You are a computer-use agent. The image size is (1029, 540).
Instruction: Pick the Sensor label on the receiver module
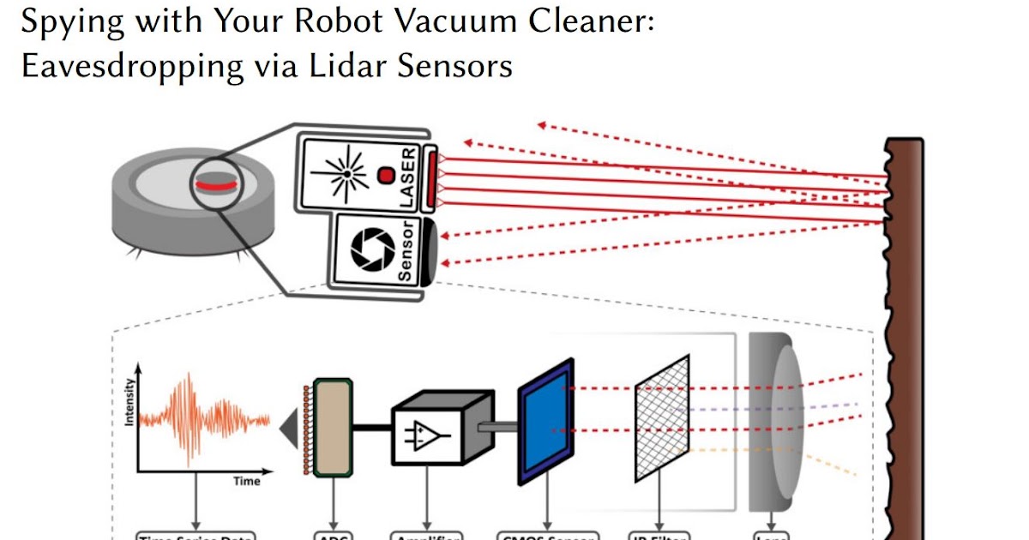click(x=407, y=250)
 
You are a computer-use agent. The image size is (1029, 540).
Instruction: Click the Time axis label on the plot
click(x=247, y=481)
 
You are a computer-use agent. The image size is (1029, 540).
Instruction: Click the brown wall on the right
click(x=906, y=343)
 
